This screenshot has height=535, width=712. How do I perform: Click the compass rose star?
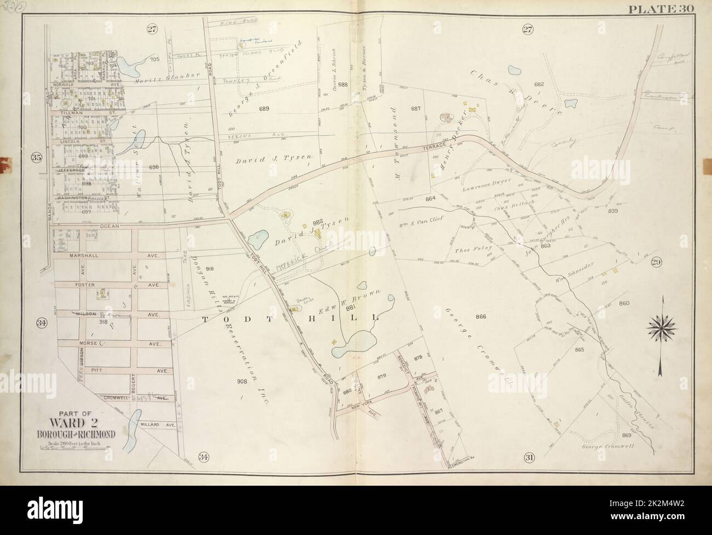pyautogui.click(x=662, y=329)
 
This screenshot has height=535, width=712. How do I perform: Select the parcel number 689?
pyautogui.click(x=265, y=109)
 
